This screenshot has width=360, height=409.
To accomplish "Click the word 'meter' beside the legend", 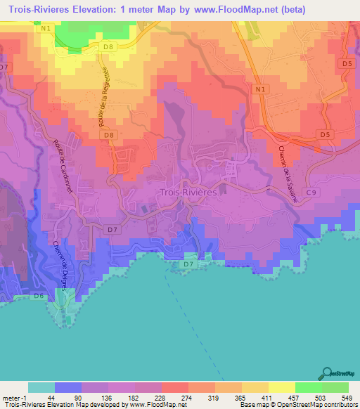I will click(13, 397).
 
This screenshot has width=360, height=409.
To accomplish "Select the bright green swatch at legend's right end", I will click(335, 387).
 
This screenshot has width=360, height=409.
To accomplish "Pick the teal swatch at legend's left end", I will click(41, 387).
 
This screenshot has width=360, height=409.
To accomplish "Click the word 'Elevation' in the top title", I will click(116, 10).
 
